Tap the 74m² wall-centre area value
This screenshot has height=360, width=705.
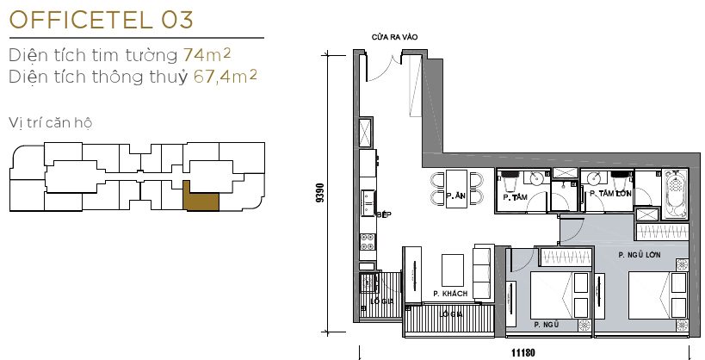[x=207, y=55]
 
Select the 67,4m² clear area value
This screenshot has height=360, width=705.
[x=226, y=77]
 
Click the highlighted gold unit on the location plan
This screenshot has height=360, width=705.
[x=201, y=197]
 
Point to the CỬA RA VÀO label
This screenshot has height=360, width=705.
[x=394, y=37]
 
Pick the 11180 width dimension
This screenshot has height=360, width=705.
[x=523, y=353]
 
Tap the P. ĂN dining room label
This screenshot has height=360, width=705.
[x=456, y=196]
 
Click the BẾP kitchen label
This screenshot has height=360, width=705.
[x=384, y=215]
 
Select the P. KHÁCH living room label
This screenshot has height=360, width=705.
[x=450, y=294]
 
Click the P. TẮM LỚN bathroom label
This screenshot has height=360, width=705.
[x=610, y=194]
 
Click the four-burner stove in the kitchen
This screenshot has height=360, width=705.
[x=368, y=242]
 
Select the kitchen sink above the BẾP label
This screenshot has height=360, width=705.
[x=367, y=203]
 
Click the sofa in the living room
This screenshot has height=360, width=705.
[x=482, y=273]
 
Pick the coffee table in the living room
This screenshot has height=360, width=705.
[x=452, y=270]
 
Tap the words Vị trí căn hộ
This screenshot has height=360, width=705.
[x=50, y=123]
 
